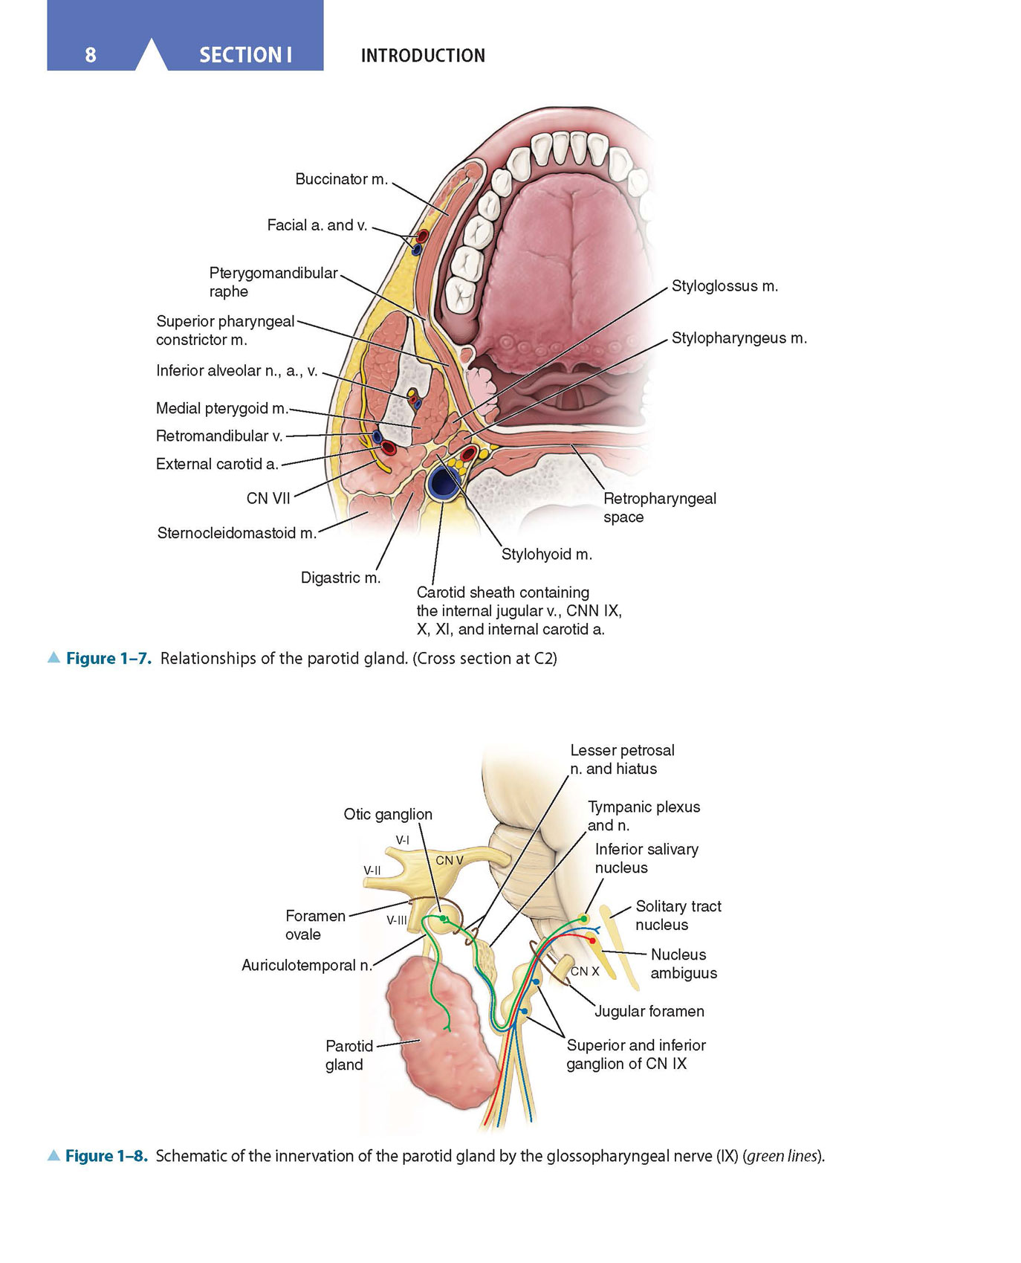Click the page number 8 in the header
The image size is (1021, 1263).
[x=91, y=55]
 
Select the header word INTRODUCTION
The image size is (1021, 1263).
[x=423, y=56]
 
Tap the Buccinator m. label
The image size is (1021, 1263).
[x=341, y=179]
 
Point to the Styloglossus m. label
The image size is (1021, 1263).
[x=725, y=286]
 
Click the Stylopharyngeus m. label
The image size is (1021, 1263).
[x=739, y=338]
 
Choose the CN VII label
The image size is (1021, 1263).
[x=268, y=498]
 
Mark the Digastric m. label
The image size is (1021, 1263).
[x=340, y=578]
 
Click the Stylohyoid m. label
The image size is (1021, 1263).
[x=546, y=554]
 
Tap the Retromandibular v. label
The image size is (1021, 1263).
[x=219, y=436]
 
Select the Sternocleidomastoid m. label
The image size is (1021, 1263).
[x=237, y=533]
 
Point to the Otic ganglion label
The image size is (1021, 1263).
[x=388, y=814]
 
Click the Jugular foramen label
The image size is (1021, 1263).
[x=649, y=1011]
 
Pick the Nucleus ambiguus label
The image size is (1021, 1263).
[x=684, y=963]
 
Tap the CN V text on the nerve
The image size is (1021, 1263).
[x=450, y=860]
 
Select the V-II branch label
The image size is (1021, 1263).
[x=372, y=870]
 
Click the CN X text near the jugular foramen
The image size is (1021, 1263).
[x=585, y=971]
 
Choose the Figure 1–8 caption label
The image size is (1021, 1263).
[x=106, y=1156]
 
